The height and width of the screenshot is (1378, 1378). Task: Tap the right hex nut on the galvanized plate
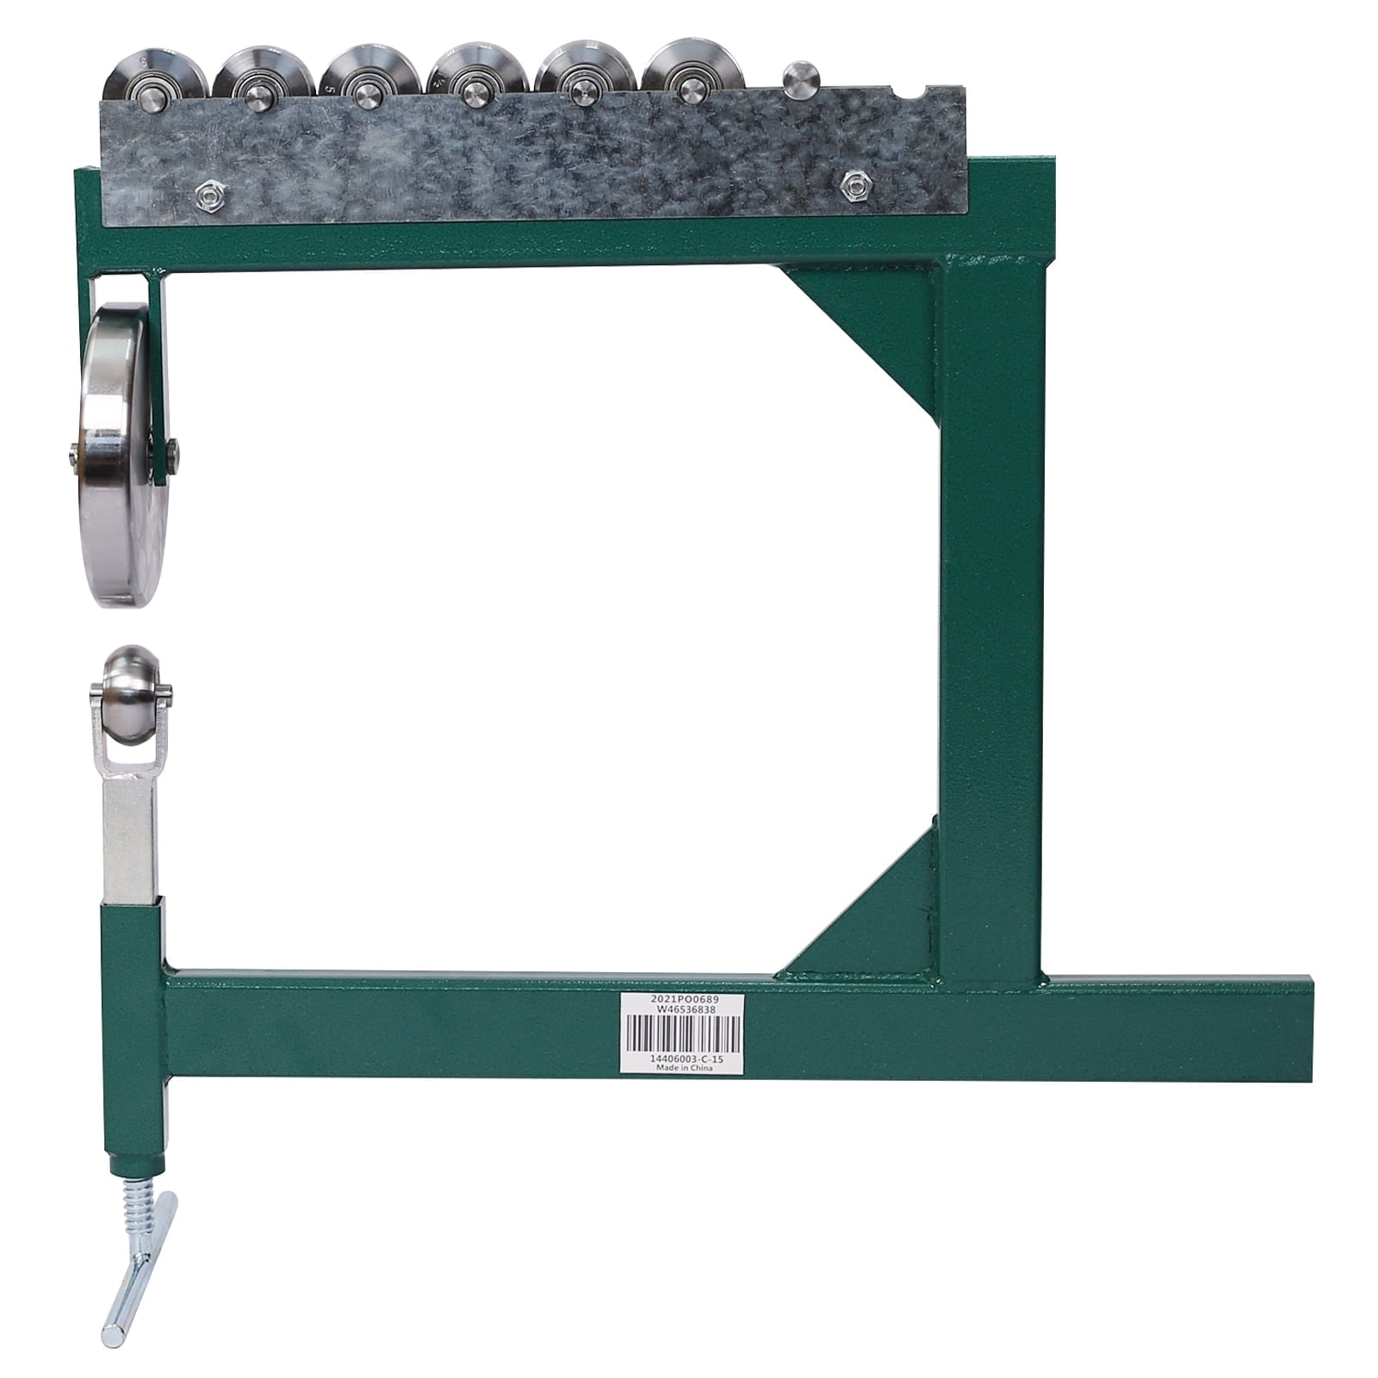coord(853,181)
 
